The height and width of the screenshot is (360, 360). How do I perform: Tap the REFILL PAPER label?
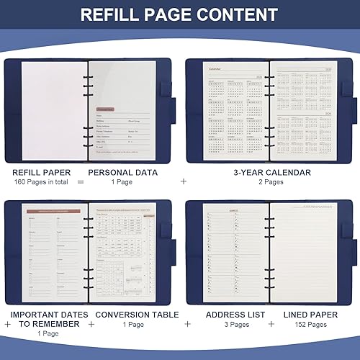[x=42, y=173]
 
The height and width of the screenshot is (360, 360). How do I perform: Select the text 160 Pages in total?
[x=42, y=182]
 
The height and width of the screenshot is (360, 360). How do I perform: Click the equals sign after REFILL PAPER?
[x=81, y=182]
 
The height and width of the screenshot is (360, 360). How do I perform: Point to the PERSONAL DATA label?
[x=122, y=173]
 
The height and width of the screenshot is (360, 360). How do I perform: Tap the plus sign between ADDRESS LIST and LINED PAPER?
[x=273, y=324]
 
